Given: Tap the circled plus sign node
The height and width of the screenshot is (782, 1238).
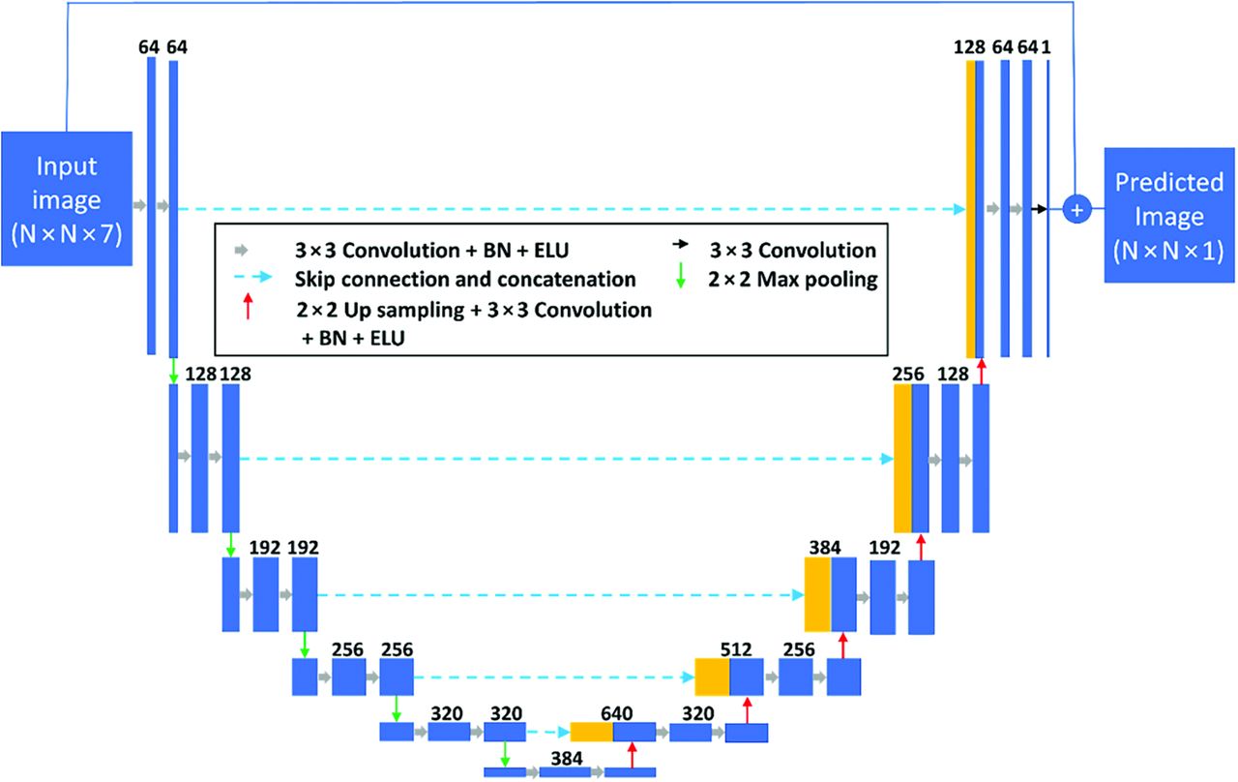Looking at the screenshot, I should [x=1076, y=208].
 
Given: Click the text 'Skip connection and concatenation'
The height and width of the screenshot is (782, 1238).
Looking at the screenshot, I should [x=465, y=280].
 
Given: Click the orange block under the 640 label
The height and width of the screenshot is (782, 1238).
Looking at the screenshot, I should [x=591, y=733].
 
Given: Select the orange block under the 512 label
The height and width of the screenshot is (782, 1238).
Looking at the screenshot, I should [x=712, y=677].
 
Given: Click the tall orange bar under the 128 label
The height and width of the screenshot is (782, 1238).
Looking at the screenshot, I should [x=970, y=208].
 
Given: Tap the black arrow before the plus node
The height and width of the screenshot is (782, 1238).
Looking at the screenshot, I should [x=1040, y=208].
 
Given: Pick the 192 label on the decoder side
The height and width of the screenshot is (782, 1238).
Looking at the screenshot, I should [x=884, y=547].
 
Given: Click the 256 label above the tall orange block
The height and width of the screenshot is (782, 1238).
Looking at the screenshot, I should [x=908, y=374].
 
